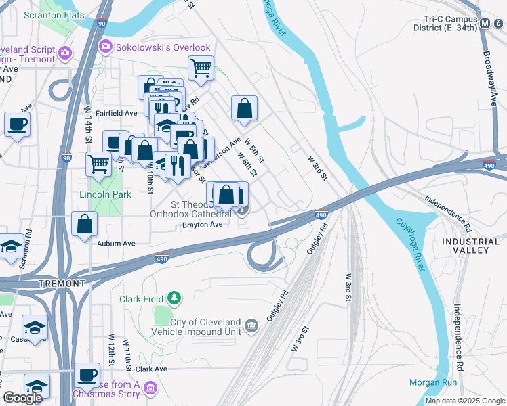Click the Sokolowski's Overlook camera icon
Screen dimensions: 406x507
pyautogui.click(x=105, y=47)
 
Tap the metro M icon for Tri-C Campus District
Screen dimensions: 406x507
pyautogui.click(x=485, y=24)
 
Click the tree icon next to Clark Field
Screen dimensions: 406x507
pyautogui.click(x=174, y=297)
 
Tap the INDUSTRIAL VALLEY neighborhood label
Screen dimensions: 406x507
pyautogui.click(x=465, y=246)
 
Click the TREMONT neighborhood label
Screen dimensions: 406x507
pyautogui.click(x=62, y=283)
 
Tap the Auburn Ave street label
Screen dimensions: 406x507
pyautogui.click(x=116, y=243)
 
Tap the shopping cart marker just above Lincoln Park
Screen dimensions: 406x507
pyautogui.click(x=99, y=164)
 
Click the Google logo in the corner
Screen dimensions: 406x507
pyautogui.click(x=22, y=397)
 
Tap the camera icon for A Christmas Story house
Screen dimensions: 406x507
pyautogui.click(x=150, y=388)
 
